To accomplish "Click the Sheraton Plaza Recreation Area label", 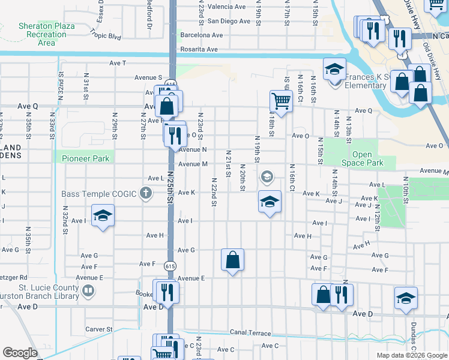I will coord(38,34).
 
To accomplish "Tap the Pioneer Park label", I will coord(85,158).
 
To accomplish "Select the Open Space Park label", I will coord(367,158).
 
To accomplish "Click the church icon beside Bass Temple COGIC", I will coord(145,193).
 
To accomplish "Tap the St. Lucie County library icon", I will coord(88,292).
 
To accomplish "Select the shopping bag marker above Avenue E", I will coord(232,260).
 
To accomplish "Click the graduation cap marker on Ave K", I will coord(270,202).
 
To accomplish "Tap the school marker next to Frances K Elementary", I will coord(334,69).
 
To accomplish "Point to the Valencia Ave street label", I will coord(227,7).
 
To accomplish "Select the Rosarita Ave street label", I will coord(203,50).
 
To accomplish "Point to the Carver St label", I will coord(98,329).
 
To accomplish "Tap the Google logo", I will coord(20,353).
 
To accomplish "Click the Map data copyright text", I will coord(411,355).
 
